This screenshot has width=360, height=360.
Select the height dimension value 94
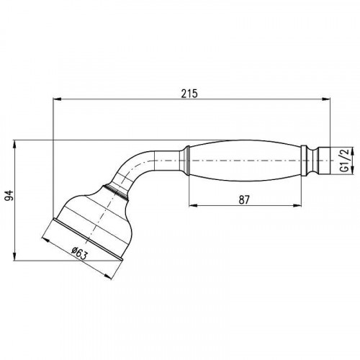(9, 196)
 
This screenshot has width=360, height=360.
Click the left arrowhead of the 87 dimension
(191, 207)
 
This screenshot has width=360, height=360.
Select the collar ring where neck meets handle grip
(186, 160)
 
